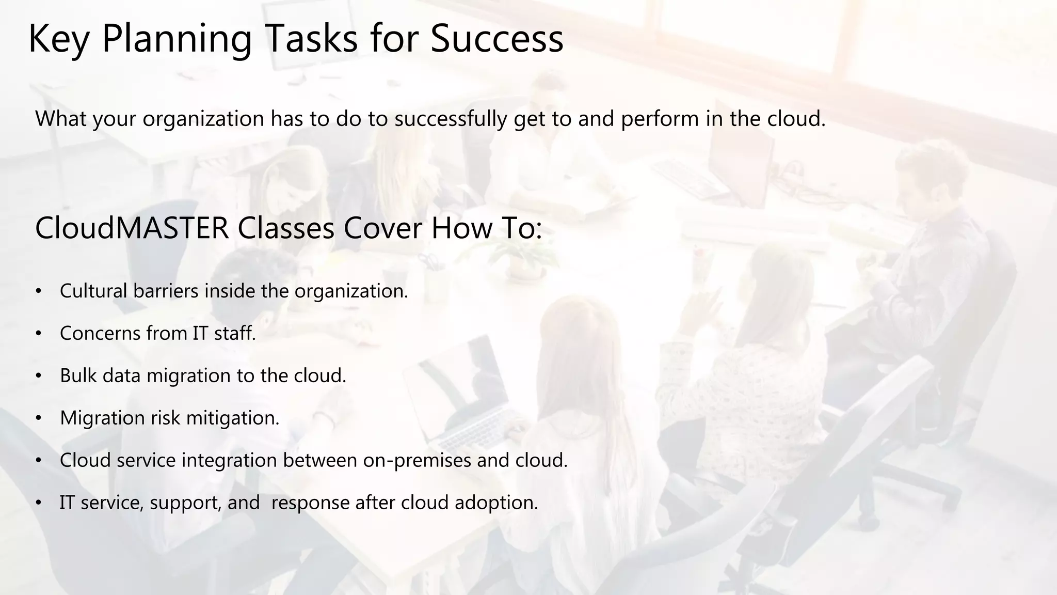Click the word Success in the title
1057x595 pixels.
(497, 39)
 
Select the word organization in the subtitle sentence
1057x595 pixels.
(203, 119)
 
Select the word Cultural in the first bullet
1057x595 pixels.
(93, 291)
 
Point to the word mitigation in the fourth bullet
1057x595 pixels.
(232, 418)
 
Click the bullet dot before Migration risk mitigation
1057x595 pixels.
(38, 418)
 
